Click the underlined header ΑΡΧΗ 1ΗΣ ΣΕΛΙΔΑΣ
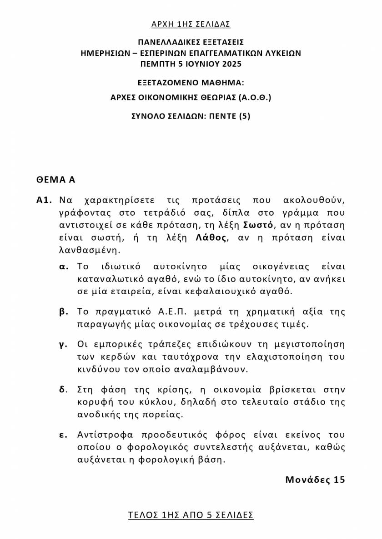(x=191, y=24)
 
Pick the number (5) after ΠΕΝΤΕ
(x=245, y=116)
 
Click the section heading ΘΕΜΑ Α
(x=56, y=179)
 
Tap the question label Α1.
(x=45, y=200)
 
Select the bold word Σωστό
(x=258, y=225)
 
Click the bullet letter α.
(x=64, y=266)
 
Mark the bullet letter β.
(x=64, y=312)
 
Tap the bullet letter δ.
(x=63, y=390)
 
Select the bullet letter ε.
(x=63, y=435)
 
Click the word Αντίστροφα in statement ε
(x=102, y=435)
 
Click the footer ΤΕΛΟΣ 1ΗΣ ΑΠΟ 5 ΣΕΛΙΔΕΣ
(x=191, y=515)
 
